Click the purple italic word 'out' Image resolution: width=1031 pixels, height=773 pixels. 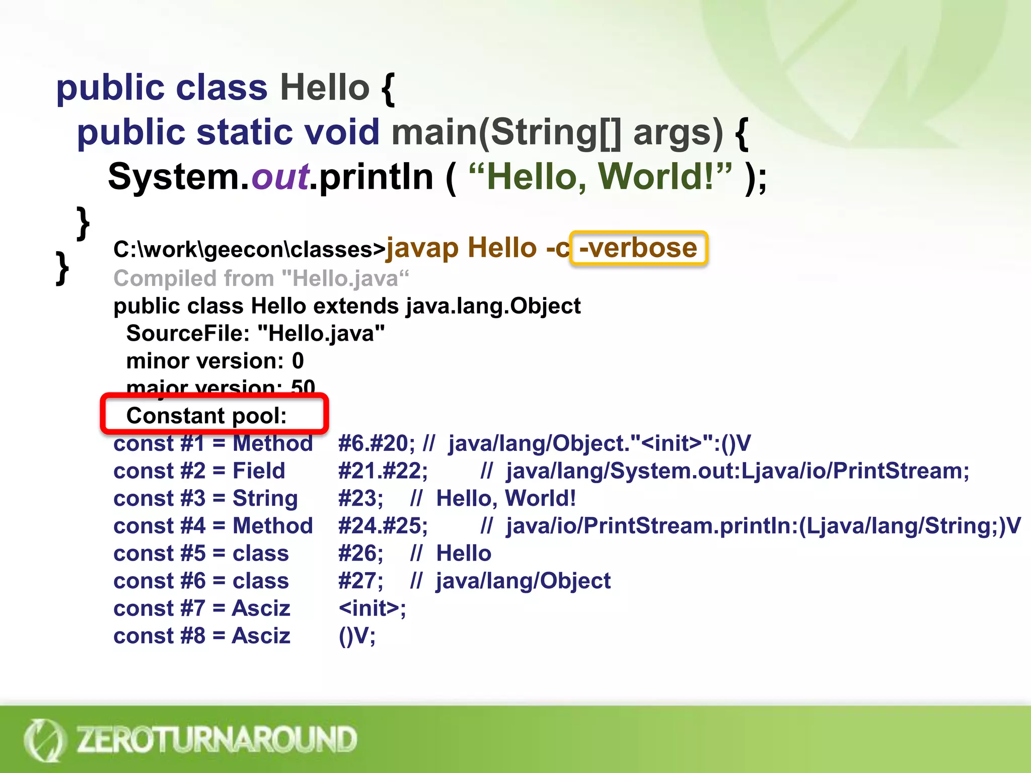(280, 177)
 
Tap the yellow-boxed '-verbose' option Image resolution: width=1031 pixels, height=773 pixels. (638, 248)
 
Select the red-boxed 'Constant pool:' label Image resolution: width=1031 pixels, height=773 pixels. (206, 416)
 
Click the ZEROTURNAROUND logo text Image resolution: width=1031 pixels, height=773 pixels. (216, 739)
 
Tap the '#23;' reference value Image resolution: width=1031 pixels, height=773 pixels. (360, 499)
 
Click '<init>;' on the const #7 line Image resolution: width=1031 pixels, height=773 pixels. (372, 608)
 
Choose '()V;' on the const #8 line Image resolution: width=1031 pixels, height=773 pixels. (357, 636)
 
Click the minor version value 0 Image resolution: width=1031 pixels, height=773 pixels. (298, 361)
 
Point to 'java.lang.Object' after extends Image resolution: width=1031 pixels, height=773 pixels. (493, 306)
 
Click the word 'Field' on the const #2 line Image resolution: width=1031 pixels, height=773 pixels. (259, 471)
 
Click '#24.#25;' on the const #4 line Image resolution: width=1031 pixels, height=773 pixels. (383, 526)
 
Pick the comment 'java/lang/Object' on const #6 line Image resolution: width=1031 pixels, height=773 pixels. (523, 581)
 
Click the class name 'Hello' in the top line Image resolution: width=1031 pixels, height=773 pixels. (325, 88)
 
